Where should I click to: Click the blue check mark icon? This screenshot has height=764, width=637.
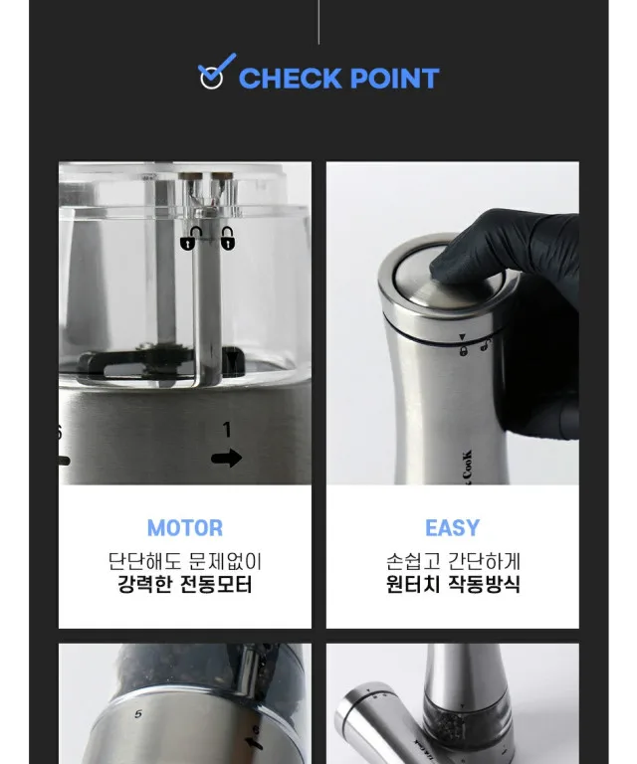pos(216,72)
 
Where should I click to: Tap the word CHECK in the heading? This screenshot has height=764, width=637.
pos(290,79)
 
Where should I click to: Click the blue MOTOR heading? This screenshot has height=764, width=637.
pos(185,527)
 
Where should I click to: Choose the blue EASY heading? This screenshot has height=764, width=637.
pos(452,527)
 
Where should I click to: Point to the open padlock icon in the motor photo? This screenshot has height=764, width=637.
pos(227,238)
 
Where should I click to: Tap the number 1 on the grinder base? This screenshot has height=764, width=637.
pos(227,430)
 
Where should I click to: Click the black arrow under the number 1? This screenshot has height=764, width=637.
pos(227,458)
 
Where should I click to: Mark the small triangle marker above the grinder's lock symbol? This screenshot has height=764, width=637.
pos(463,336)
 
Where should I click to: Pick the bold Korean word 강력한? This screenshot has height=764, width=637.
pos(144,584)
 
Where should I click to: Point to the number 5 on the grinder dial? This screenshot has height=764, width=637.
pos(138,714)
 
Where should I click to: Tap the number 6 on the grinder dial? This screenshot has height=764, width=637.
pos(256,730)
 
